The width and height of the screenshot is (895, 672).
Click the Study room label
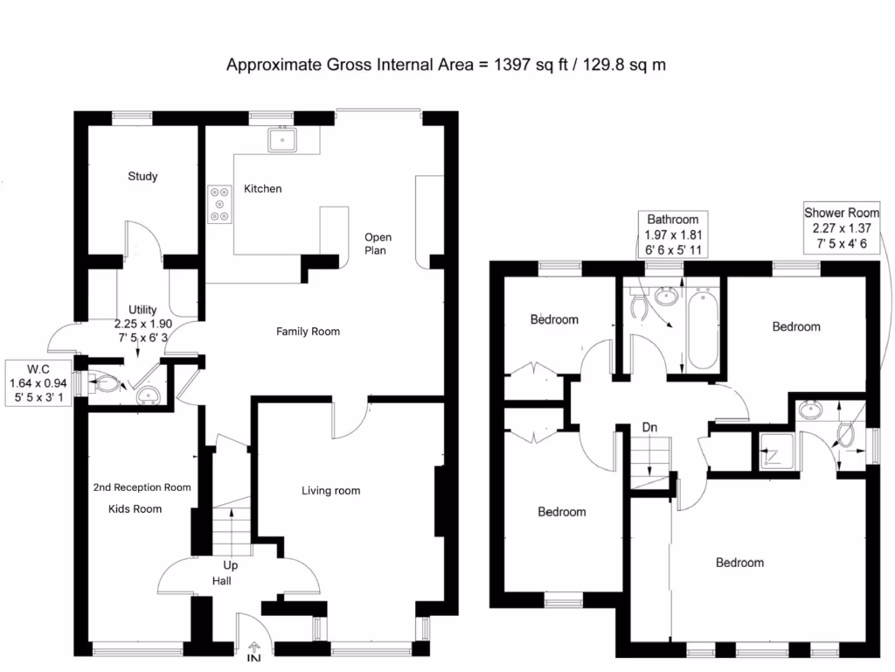click(x=142, y=177)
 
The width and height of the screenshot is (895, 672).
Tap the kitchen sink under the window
click(x=283, y=138)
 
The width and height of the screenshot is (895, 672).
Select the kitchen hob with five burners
click(x=219, y=204)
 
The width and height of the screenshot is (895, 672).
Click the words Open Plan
click(x=378, y=244)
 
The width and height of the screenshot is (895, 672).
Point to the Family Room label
click(x=308, y=332)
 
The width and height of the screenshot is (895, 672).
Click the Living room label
click(x=330, y=491)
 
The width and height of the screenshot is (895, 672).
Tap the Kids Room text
click(x=135, y=508)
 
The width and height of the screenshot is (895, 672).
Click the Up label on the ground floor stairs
click(x=231, y=566)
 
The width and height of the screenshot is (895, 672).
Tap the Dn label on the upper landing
click(x=649, y=428)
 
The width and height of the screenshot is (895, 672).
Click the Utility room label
click(x=142, y=310)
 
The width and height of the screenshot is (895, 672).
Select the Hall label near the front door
click(x=222, y=581)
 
